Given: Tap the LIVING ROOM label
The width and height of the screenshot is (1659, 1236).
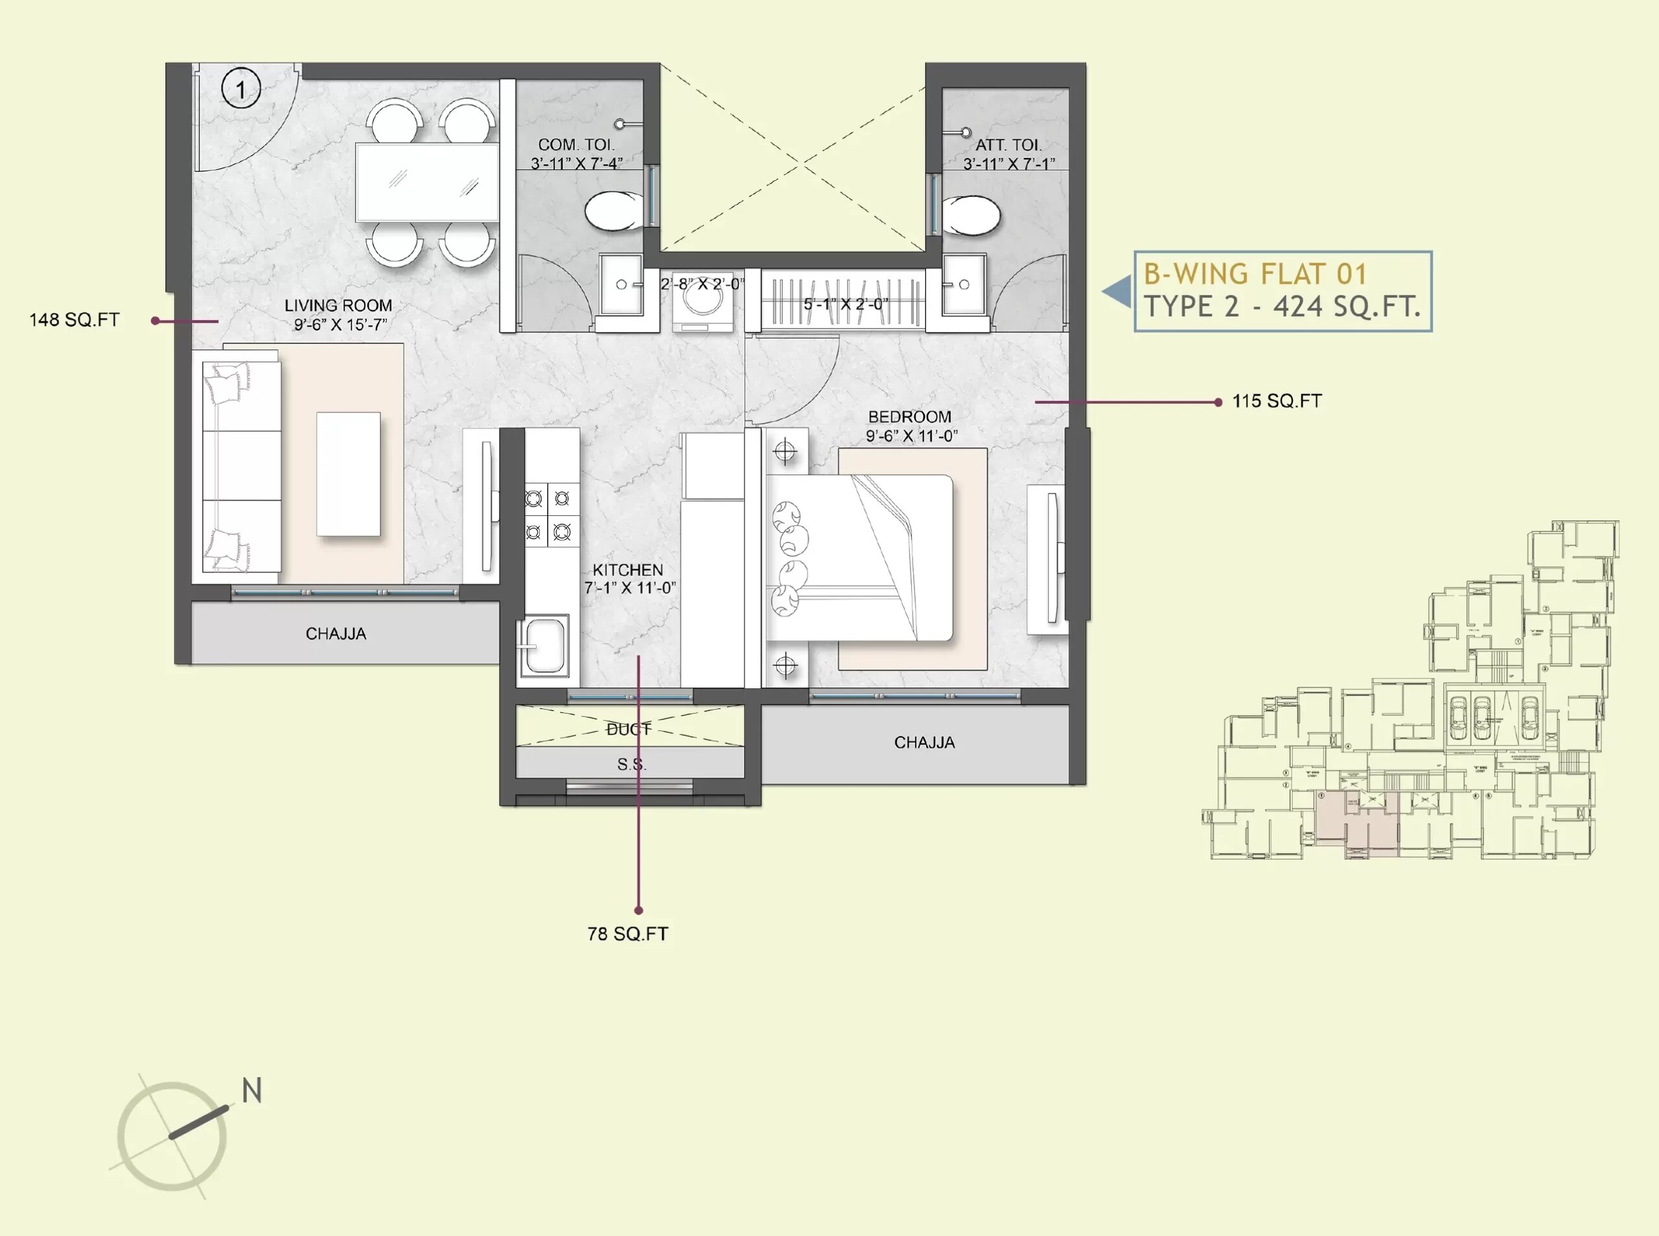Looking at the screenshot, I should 338,306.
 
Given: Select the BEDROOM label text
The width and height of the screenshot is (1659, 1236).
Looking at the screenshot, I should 909,417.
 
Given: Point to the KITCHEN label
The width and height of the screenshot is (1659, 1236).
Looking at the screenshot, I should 627,570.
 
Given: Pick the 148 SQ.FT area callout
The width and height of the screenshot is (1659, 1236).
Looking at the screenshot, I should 74,320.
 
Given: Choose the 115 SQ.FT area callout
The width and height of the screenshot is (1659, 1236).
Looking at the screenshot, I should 1277,402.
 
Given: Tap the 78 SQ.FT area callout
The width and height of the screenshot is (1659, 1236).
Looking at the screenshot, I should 627,934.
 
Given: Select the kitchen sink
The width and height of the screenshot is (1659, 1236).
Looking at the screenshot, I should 543,645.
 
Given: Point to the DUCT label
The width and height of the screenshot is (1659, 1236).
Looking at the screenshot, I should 629,729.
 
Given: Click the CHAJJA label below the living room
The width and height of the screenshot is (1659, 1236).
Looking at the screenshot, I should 336,634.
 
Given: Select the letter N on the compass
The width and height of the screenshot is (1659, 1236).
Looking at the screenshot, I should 252,1091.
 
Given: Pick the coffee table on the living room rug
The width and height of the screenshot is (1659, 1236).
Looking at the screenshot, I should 349,474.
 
